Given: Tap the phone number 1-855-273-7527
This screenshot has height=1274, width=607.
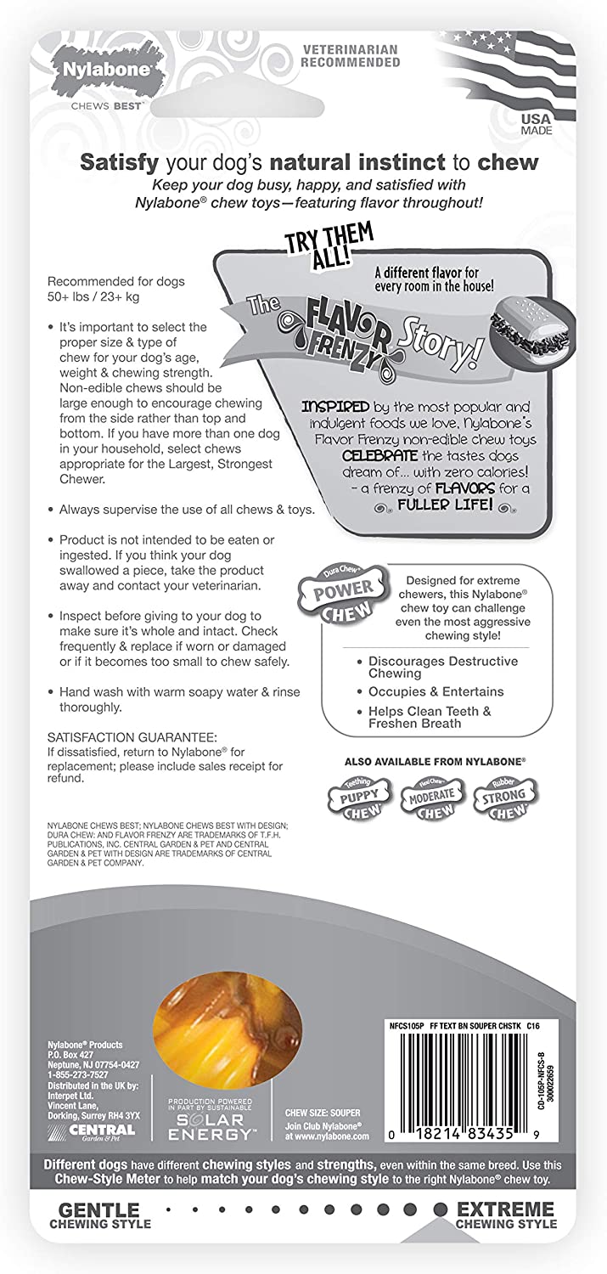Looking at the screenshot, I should pos(76,1074).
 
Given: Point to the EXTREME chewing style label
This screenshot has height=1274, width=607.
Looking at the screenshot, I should pos(505,1215).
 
